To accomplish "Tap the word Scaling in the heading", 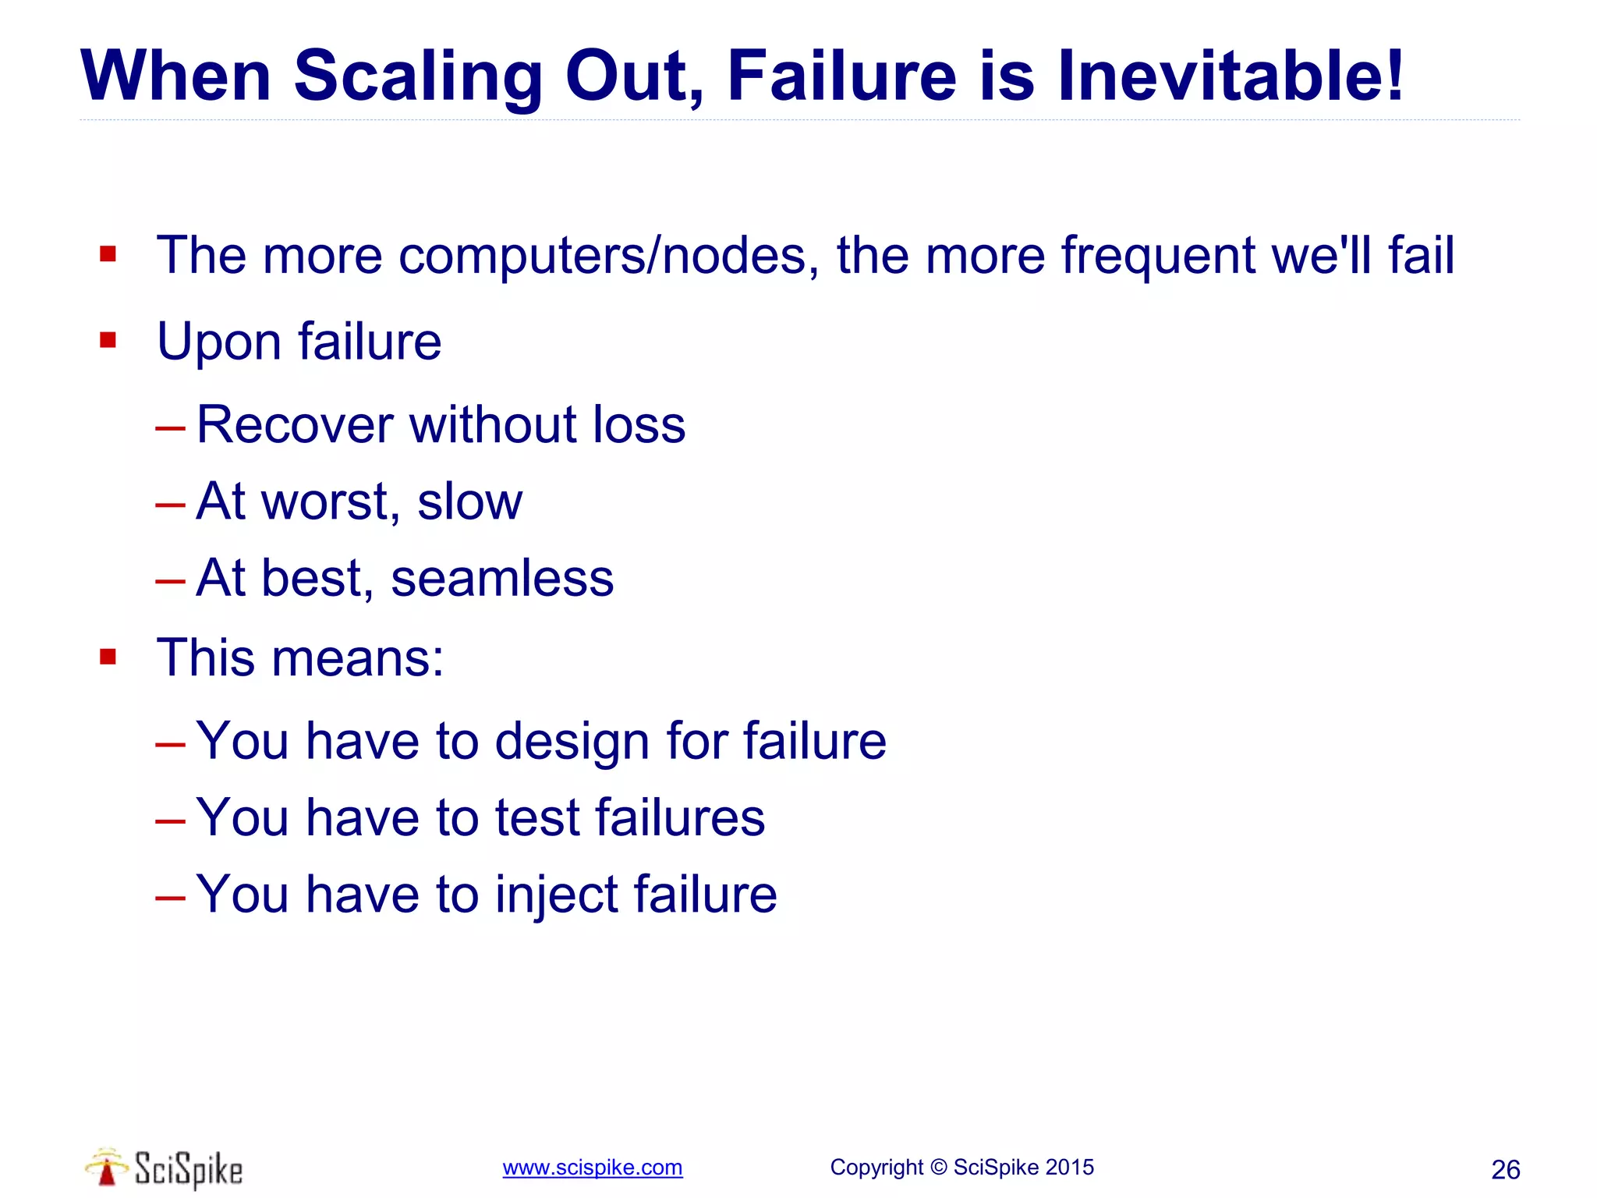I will click(418, 77).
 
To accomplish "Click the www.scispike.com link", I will click(593, 1168).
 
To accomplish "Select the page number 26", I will click(1505, 1170).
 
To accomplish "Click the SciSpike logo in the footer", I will click(165, 1168).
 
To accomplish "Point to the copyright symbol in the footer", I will click(938, 1168).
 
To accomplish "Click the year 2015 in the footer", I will click(1069, 1168).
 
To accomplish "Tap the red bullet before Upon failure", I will click(108, 340).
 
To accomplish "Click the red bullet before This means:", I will click(108, 657).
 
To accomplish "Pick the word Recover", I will click(295, 425).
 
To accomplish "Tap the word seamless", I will click(502, 579).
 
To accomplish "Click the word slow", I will click(469, 502).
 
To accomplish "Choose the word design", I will click(572, 741).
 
